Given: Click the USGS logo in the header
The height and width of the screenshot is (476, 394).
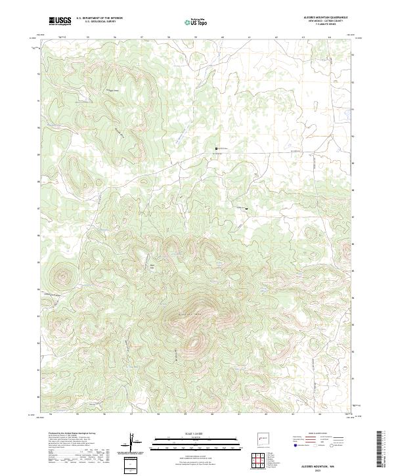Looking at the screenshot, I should tap(60, 20).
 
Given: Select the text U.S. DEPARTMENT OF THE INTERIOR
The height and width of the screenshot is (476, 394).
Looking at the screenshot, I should tap(99, 18).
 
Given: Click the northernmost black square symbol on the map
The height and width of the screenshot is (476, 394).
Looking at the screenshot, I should tap(216, 150).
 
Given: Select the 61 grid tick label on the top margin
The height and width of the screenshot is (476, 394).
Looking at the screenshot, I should tap(250, 37).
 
